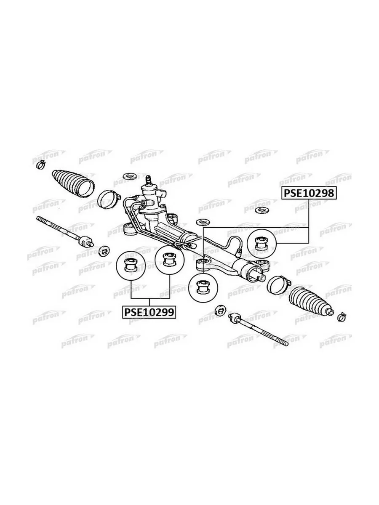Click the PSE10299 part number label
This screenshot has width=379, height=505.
point(149,312)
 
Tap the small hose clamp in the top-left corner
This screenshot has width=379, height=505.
point(41,164)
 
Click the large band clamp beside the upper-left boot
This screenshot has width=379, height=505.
point(108,199)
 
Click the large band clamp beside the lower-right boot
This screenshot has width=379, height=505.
point(278,285)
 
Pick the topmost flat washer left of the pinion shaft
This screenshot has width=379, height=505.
point(129,176)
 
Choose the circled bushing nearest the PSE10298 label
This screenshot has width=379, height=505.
point(261,243)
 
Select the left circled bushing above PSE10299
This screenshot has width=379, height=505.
point(131,266)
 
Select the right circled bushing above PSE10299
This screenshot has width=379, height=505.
point(170,260)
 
